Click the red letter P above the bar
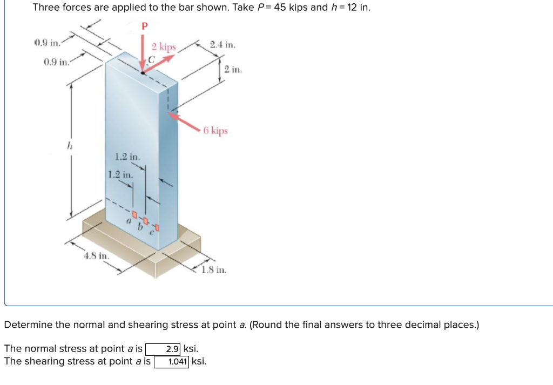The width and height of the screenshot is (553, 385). pyautogui.click(x=144, y=26)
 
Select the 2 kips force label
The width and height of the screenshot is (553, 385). pyautogui.click(x=163, y=47)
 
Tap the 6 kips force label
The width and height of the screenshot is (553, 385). pyautogui.click(x=216, y=131)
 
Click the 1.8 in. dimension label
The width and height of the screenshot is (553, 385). pyautogui.click(x=214, y=269)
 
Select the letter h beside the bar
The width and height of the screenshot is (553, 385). pyautogui.click(x=69, y=145)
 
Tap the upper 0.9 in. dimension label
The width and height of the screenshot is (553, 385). pyautogui.click(x=47, y=43)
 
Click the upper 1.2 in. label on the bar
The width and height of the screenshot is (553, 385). pyautogui.click(x=127, y=157)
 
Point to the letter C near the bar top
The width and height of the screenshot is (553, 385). pyautogui.click(x=152, y=61)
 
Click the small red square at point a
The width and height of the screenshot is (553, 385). pyautogui.click(x=129, y=215)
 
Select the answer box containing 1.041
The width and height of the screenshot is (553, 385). pyautogui.click(x=172, y=361)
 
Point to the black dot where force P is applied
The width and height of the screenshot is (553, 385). pyautogui.click(x=142, y=72)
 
